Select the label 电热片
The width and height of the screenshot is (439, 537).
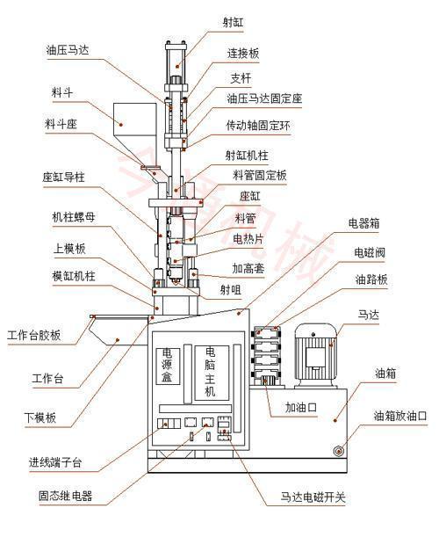click(x=249, y=237)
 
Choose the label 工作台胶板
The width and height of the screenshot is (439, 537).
click(x=33, y=335)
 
